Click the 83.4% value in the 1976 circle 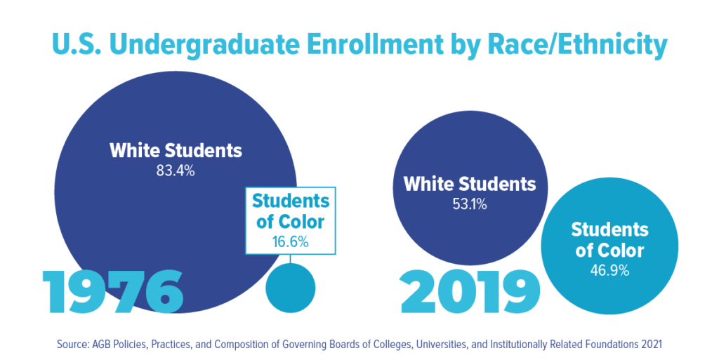(x=176, y=170)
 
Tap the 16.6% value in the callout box (x=291, y=241)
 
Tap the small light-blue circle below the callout (x=291, y=287)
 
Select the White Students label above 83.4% (x=176, y=150)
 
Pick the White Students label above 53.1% (x=470, y=185)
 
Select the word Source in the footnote (x=72, y=345)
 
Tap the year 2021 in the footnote (x=651, y=345)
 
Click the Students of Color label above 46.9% (x=609, y=239)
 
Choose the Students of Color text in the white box (x=291, y=211)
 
